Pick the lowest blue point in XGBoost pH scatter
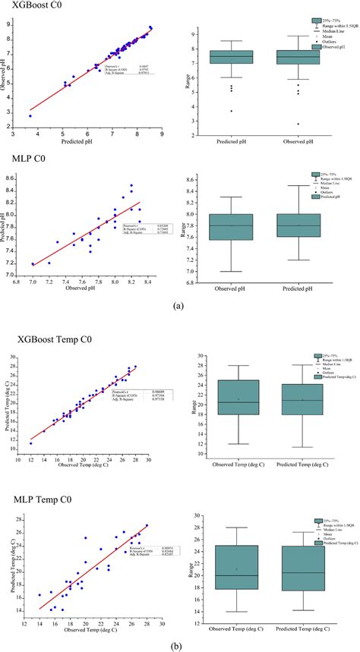(30, 116)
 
